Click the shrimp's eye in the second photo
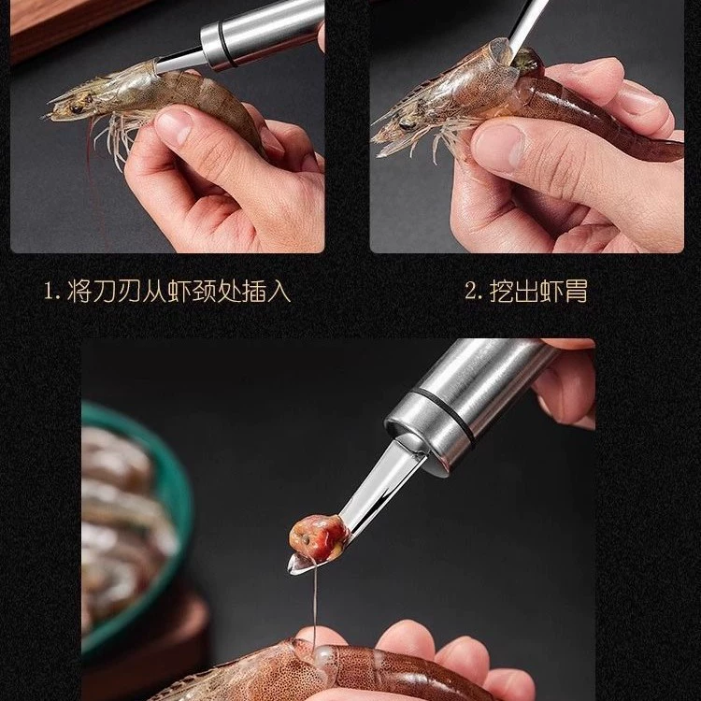pyautogui.click(x=408, y=124)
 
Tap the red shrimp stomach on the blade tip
pyautogui.click(x=319, y=537)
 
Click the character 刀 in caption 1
pyautogui.click(x=105, y=291)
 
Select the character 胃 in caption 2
pyautogui.click(x=576, y=291)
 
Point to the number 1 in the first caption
pyautogui.click(x=50, y=292)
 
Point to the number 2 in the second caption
pyautogui.click(x=472, y=291)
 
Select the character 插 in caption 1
pyautogui.click(x=254, y=291)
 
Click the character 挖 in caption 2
pyautogui.click(x=502, y=291)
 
